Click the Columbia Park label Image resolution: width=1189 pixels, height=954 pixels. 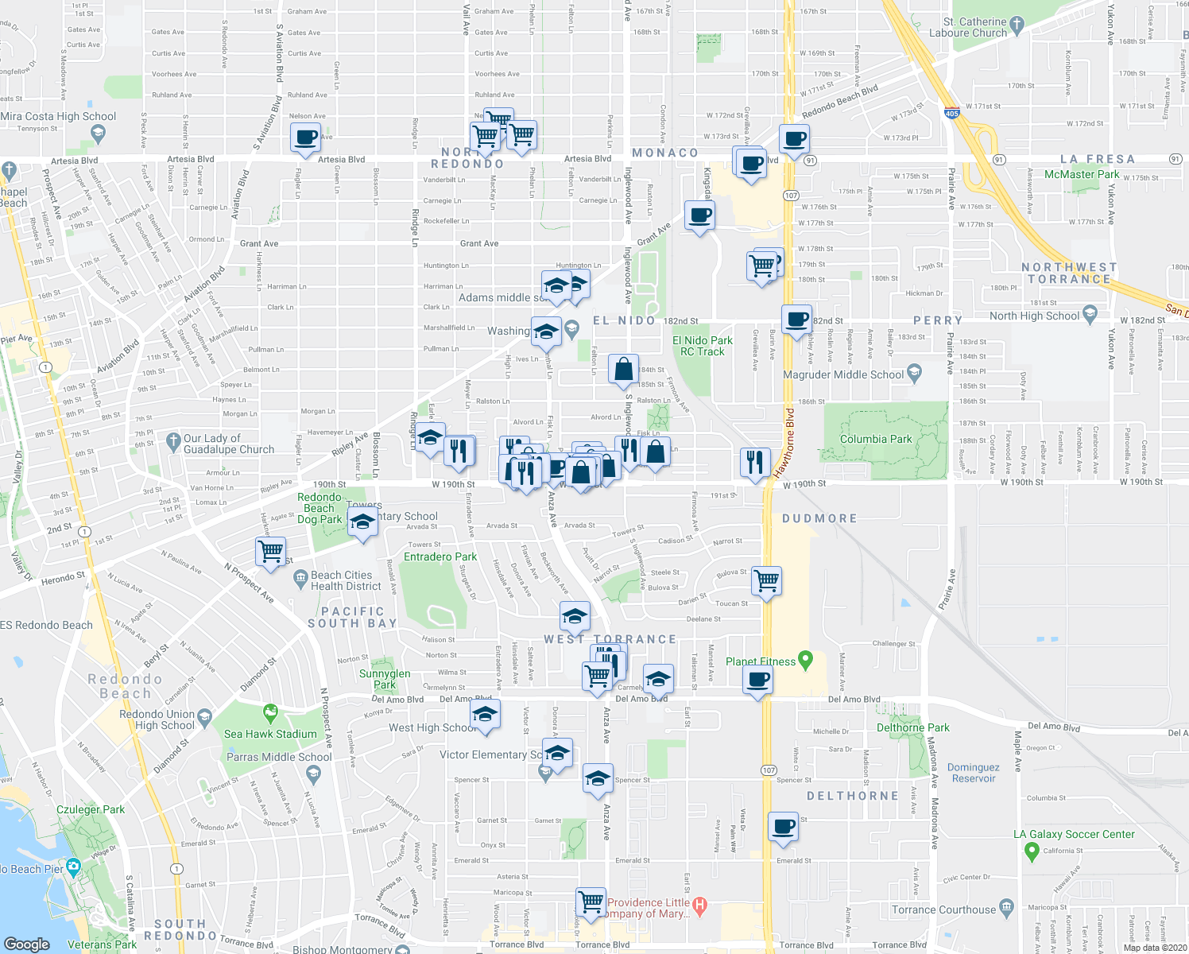[876, 439]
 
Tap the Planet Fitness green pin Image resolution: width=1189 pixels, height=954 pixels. [806, 660]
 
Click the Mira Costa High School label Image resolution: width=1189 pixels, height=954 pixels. [58, 116]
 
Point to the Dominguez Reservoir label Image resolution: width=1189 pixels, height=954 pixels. [973, 773]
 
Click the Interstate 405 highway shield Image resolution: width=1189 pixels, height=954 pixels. [952, 113]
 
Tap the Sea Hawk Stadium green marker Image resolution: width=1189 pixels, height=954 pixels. [271, 711]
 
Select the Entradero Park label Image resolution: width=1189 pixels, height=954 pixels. [440, 556]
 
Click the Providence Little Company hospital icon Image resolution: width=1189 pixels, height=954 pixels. [699, 904]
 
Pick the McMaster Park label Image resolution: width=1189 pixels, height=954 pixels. [1081, 174]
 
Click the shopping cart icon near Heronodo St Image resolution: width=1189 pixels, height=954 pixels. [271, 551]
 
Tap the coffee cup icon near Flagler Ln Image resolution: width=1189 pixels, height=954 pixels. [305, 138]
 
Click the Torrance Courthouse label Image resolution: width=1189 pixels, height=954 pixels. [943, 909]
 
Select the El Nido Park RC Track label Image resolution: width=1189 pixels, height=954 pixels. [703, 346]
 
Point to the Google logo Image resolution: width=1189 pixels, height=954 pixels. [26, 944]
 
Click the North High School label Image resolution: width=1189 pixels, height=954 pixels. [1034, 316]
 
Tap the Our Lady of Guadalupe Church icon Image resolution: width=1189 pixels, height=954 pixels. [173, 440]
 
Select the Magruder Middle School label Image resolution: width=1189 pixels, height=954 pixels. [843, 374]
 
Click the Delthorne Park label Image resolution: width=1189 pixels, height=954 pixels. [912, 727]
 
